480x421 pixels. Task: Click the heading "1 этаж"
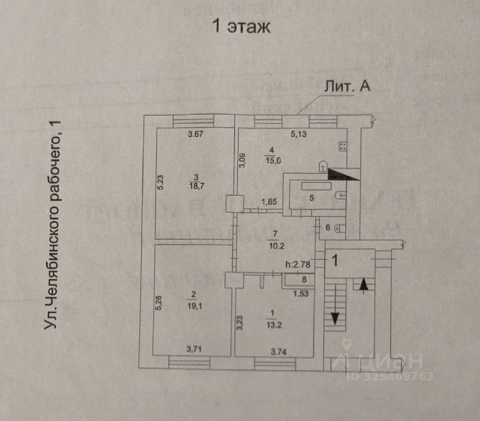point(241,26)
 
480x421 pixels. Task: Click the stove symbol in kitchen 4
point(343,147)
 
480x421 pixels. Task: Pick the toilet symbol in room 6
point(339,228)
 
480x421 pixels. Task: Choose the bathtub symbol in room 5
point(316,186)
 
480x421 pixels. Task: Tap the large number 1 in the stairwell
point(335,260)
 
